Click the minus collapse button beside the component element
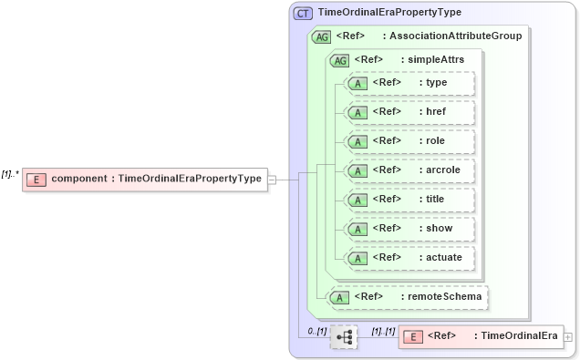(x=272, y=179)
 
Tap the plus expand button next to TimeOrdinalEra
(x=569, y=337)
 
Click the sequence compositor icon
(x=344, y=337)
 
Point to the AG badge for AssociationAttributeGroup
(x=321, y=37)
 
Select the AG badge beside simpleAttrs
(x=339, y=60)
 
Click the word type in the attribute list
(x=437, y=83)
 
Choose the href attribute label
(x=437, y=112)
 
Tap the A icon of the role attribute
(x=358, y=141)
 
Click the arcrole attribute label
(x=444, y=170)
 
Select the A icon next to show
(x=358, y=229)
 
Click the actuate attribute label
(x=444, y=257)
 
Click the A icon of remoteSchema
(x=340, y=297)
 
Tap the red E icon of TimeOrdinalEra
(x=412, y=336)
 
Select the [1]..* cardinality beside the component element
(x=11, y=171)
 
